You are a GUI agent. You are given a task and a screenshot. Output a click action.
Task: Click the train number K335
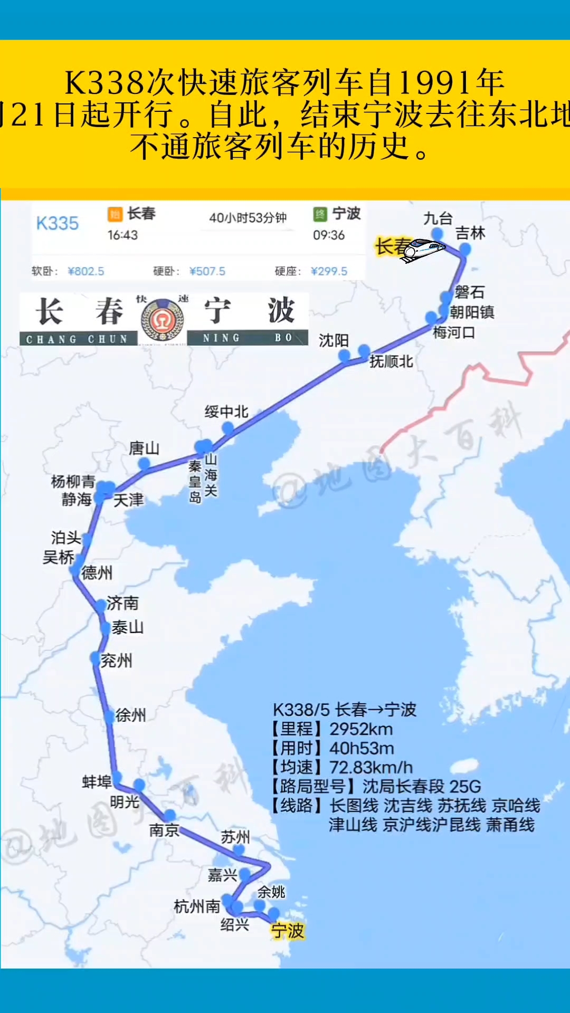click(57, 223)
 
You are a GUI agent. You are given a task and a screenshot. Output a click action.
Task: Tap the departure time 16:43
click(122, 235)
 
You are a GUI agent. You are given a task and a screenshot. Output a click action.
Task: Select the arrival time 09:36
click(328, 235)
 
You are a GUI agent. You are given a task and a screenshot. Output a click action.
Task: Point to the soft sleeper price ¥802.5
click(86, 271)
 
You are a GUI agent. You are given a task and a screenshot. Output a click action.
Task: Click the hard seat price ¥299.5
click(329, 271)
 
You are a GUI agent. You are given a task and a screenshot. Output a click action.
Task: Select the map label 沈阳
click(334, 341)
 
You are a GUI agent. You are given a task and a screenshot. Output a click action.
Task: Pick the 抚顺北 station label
click(391, 361)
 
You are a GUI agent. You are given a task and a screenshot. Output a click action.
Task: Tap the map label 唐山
click(144, 448)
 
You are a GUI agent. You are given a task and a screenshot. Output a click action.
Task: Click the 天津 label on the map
click(128, 500)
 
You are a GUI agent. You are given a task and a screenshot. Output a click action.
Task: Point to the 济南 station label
click(122, 603)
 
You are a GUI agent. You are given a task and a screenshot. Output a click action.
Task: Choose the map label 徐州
click(130, 715)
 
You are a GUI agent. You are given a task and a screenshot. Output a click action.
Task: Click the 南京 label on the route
click(164, 830)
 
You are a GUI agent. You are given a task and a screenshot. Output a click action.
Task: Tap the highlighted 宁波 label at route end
click(288, 931)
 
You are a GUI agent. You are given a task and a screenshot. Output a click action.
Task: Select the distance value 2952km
click(361, 729)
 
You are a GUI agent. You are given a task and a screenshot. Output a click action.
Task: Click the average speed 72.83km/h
click(370, 767)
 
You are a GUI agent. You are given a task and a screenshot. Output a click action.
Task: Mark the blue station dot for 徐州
click(109, 716)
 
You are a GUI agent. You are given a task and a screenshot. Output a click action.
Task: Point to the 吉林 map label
click(470, 233)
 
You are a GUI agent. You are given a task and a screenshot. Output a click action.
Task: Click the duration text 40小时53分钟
click(248, 218)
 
